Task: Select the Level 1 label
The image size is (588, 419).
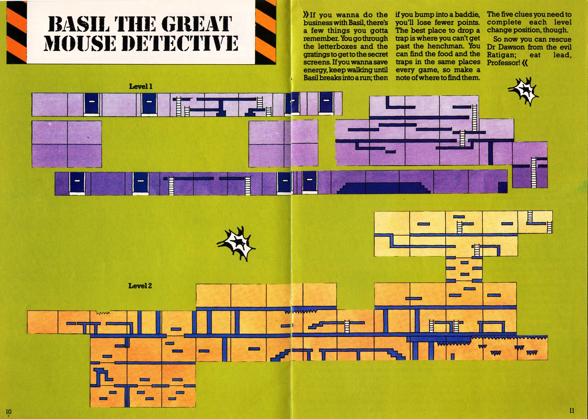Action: [141, 86]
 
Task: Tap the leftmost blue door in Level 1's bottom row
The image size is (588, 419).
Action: [76, 184]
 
